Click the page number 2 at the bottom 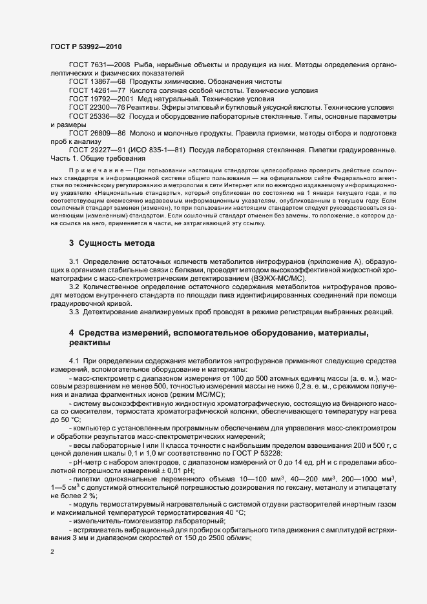point(52,552)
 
